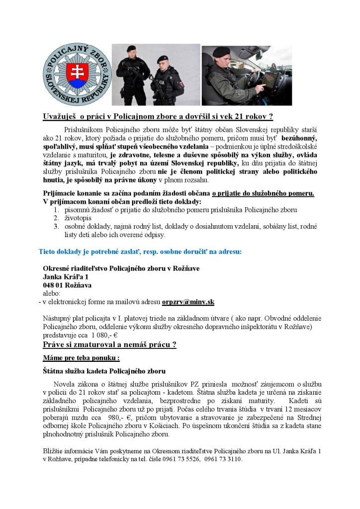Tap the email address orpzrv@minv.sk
188,302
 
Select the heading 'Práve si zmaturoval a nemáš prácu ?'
110,344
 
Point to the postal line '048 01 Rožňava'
67,285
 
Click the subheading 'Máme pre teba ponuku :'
81,358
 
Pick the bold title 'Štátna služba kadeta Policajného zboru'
104,371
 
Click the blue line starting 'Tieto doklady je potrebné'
140,252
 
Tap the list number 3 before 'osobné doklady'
56,227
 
